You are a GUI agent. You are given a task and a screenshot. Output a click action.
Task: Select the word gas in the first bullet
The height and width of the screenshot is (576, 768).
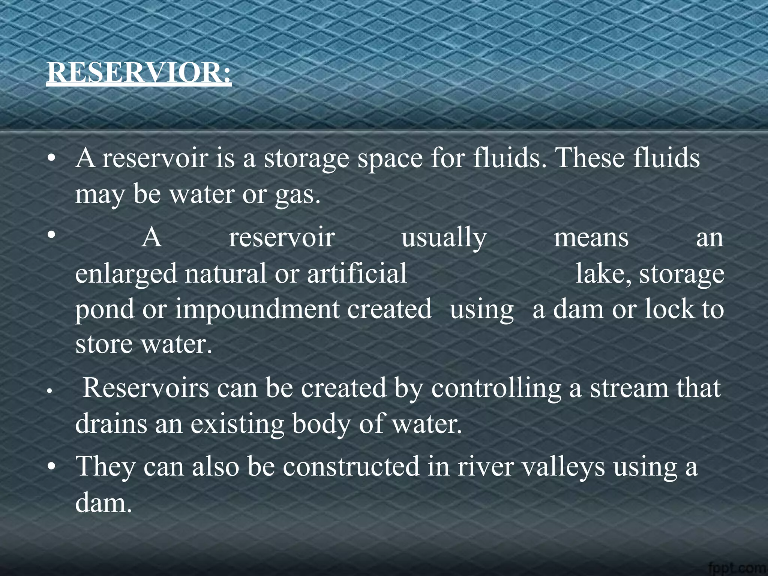pyautogui.click(x=298, y=195)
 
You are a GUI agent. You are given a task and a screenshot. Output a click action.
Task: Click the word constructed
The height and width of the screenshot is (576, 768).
pyautogui.click(x=351, y=466)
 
